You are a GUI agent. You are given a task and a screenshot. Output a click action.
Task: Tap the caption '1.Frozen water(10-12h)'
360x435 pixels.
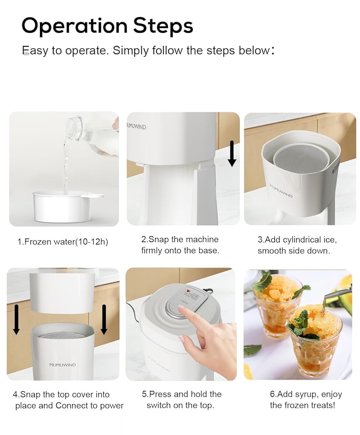[x=63, y=242]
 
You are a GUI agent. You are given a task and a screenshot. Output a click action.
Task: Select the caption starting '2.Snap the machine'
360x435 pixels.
[x=180, y=245]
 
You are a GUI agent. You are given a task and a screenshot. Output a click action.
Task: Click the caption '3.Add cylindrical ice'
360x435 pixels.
[x=297, y=245]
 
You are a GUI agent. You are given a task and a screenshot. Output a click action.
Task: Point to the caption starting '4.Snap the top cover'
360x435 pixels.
[x=68, y=400]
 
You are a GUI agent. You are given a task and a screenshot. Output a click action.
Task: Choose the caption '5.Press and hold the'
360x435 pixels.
[x=182, y=400]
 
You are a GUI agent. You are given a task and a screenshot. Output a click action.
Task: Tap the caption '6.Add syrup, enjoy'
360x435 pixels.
[x=306, y=400]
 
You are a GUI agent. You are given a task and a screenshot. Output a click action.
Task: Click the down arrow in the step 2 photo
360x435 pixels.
[x=232, y=154]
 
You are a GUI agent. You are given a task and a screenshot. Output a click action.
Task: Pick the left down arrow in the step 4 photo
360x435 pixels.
[x=17, y=319]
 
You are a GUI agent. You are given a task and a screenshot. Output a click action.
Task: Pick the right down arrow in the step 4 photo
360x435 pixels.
[x=104, y=319]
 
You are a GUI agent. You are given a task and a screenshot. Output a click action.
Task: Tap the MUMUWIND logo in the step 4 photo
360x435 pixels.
[x=63, y=365]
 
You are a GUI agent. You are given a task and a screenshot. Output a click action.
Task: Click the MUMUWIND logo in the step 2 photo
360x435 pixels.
[x=137, y=127]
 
